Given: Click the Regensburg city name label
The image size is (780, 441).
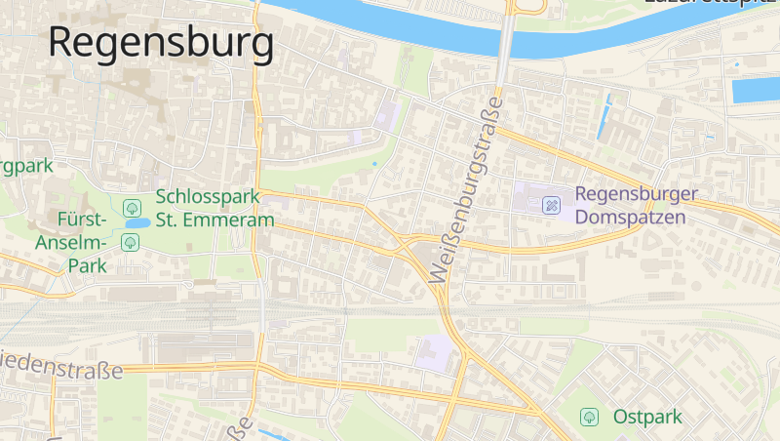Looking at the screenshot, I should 161,44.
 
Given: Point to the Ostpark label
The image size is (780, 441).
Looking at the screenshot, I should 647,417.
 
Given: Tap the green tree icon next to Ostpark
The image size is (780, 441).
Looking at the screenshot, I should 589,417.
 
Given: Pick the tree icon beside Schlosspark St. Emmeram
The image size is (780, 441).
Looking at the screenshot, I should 133,207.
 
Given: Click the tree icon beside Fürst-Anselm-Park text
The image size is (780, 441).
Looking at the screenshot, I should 130,241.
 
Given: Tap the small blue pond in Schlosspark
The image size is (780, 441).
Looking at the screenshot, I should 136,223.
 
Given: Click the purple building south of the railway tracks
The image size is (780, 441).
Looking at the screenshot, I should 435,352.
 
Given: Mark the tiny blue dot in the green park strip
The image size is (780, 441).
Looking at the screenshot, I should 374,164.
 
